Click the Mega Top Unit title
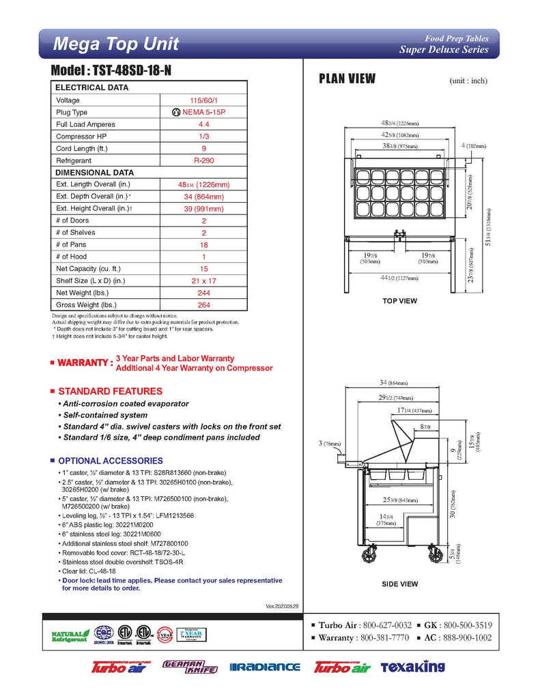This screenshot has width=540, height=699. click(x=116, y=44)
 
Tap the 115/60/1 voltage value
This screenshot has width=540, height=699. click(x=203, y=100)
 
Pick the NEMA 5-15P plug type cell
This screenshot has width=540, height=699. click(x=203, y=113)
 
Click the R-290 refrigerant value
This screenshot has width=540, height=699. click(x=203, y=160)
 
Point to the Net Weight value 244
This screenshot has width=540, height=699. click(x=203, y=293)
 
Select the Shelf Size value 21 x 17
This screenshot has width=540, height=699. click(x=203, y=281)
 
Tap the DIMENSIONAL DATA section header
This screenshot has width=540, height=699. click(x=94, y=173)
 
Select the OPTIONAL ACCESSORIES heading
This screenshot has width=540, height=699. click(x=110, y=461)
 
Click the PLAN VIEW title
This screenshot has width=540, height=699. click(x=347, y=79)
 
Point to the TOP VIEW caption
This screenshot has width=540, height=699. click(x=399, y=301)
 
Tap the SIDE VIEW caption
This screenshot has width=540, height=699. click(x=399, y=584)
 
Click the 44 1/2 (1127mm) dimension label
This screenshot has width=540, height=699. click(x=399, y=278)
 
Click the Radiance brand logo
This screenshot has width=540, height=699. click(x=265, y=667)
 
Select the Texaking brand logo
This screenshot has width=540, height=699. click(x=412, y=667)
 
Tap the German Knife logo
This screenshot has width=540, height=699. click(x=190, y=667)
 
